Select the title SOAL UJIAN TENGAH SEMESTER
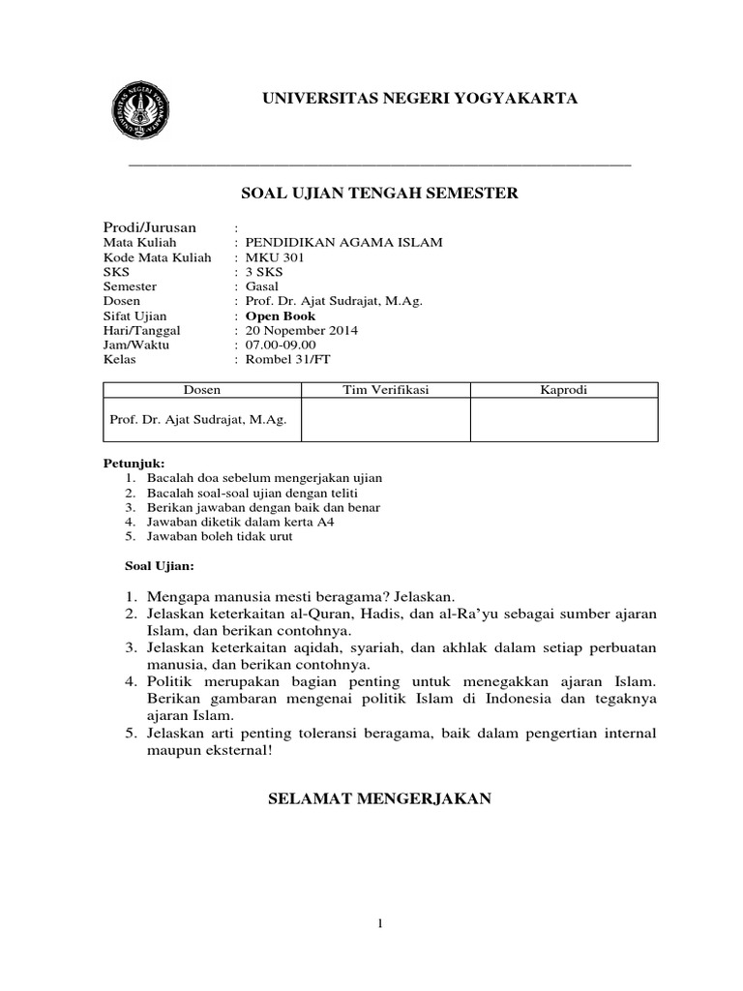(x=379, y=194)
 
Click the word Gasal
(x=261, y=286)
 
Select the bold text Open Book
(x=280, y=315)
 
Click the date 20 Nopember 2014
(x=301, y=330)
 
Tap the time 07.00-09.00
(x=281, y=345)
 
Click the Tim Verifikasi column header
(x=386, y=390)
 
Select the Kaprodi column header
(x=564, y=390)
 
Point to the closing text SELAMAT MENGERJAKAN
(x=379, y=798)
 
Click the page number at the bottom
(x=381, y=924)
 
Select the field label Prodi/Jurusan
(x=150, y=226)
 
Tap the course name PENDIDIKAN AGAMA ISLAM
(x=343, y=243)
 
